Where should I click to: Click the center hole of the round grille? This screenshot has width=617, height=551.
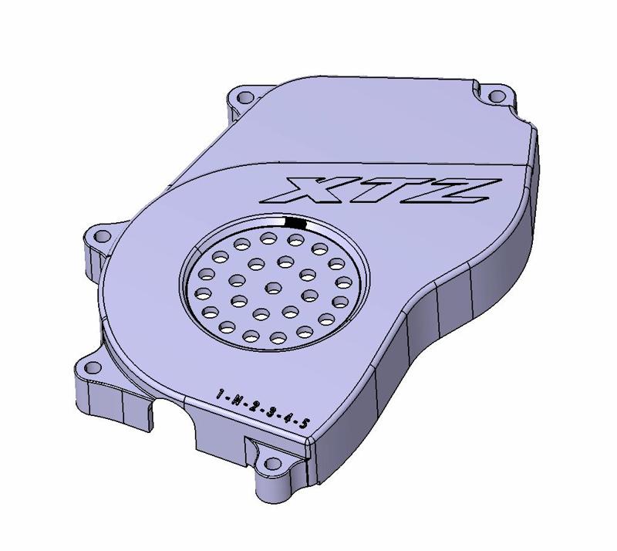(269, 288)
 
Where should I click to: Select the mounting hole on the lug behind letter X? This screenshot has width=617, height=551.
(245, 98)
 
